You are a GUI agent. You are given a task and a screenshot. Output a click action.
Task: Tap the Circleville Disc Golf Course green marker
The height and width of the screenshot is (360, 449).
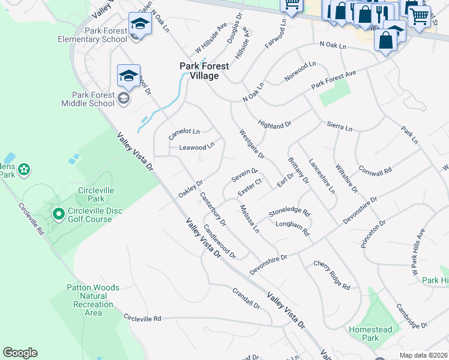pyautogui.click(x=59, y=214)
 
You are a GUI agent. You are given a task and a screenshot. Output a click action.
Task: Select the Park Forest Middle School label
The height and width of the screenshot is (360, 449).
pyautogui.click(x=88, y=99)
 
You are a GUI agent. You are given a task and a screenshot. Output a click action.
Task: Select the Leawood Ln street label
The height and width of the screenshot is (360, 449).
pyautogui.click(x=196, y=146)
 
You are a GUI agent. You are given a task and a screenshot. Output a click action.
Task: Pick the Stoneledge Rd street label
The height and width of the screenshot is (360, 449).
pyautogui.click(x=289, y=212)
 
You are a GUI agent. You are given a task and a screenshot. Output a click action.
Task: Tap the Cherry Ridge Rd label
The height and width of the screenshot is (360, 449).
pyautogui.click(x=331, y=275)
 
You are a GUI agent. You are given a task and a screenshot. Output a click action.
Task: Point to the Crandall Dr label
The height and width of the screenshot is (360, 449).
pyautogui.click(x=246, y=298)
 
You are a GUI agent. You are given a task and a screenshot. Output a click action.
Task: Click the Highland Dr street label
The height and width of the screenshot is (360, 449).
pyautogui.click(x=274, y=124)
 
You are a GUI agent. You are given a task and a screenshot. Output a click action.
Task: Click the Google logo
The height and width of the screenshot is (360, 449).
pyautogui.click(x=20, y=353)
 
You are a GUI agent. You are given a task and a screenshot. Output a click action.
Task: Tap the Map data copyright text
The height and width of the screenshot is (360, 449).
pyautogui.click(x=423, y=355)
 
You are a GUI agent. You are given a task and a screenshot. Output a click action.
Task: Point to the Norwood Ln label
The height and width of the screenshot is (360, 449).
pyautogui.click(x=300, y=72)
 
